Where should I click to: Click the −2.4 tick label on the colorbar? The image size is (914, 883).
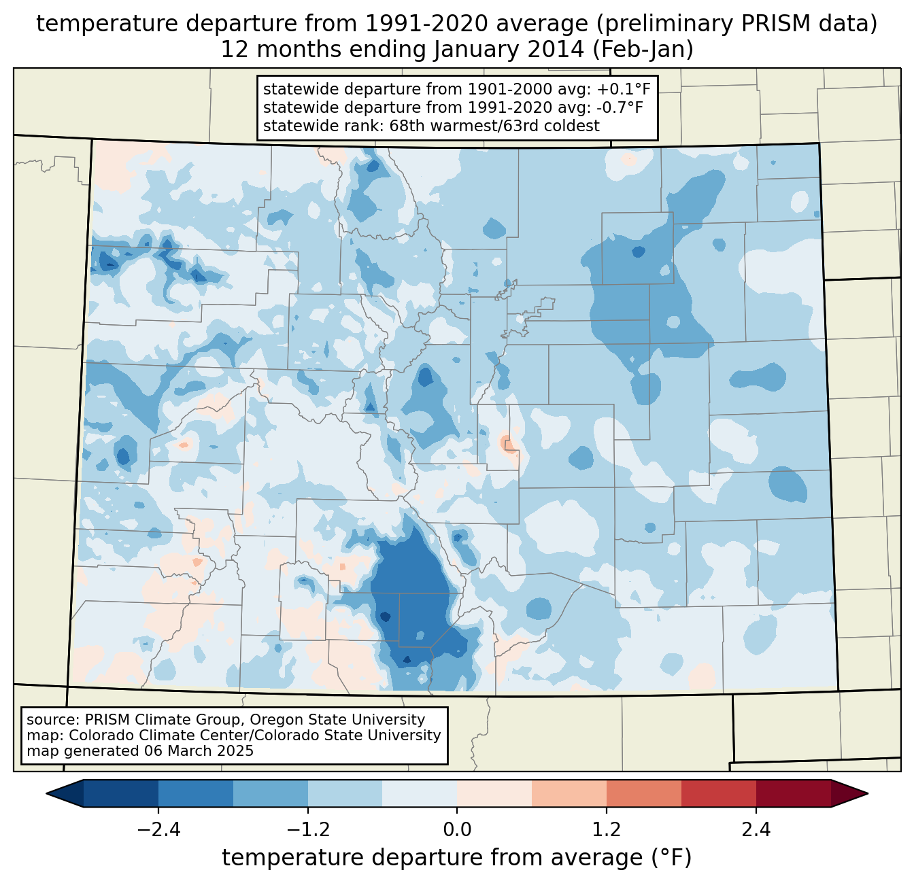pyautogui.click(x=158, y=830)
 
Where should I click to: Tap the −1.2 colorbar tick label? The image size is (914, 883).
pyautogui.click(x=307, y=830)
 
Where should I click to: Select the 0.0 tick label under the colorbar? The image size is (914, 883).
pyautogui.click(x=457, y=830)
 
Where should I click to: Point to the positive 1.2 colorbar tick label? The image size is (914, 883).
pyautogui.click(x=606, y=830)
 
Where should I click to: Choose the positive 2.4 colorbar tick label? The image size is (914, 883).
pyautogui.click(x=756, y=830)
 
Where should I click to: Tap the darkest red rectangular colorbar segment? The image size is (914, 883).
pyautogui.click(x=793, y=793)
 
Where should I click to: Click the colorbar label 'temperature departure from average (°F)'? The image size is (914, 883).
pyautogui.click(x=457, y=858)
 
